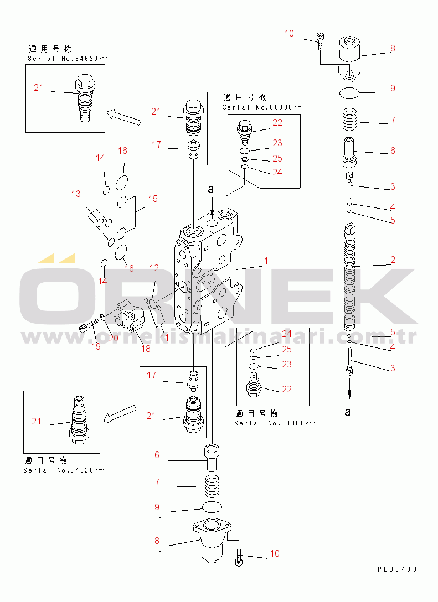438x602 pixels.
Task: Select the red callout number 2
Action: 393,260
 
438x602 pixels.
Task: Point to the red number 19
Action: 96,347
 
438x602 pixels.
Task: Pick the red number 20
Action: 113,338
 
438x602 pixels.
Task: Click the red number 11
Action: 164,337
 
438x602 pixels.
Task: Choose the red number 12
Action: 154,268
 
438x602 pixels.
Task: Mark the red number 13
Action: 75,194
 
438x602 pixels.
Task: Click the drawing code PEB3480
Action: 398,569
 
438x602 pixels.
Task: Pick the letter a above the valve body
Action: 210,189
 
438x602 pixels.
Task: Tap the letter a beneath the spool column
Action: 348,412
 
